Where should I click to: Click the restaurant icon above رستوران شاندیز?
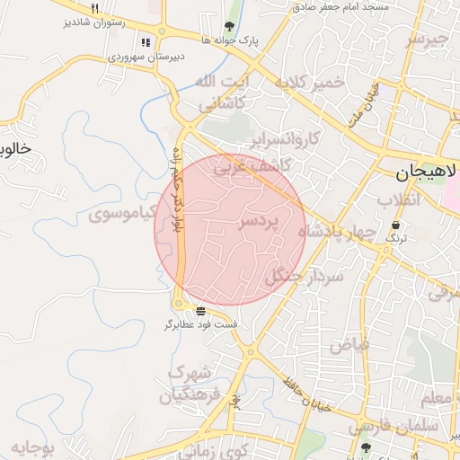(94, 19)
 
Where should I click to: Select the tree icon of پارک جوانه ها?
(229, 26)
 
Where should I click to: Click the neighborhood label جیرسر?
(425, 40)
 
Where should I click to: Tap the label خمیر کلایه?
(309, 83)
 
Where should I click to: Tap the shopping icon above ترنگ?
(396, 225)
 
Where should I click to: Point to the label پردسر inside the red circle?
(260, 220)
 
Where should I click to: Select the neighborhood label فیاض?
(349, 343)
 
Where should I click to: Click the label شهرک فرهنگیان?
(190, 383)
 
